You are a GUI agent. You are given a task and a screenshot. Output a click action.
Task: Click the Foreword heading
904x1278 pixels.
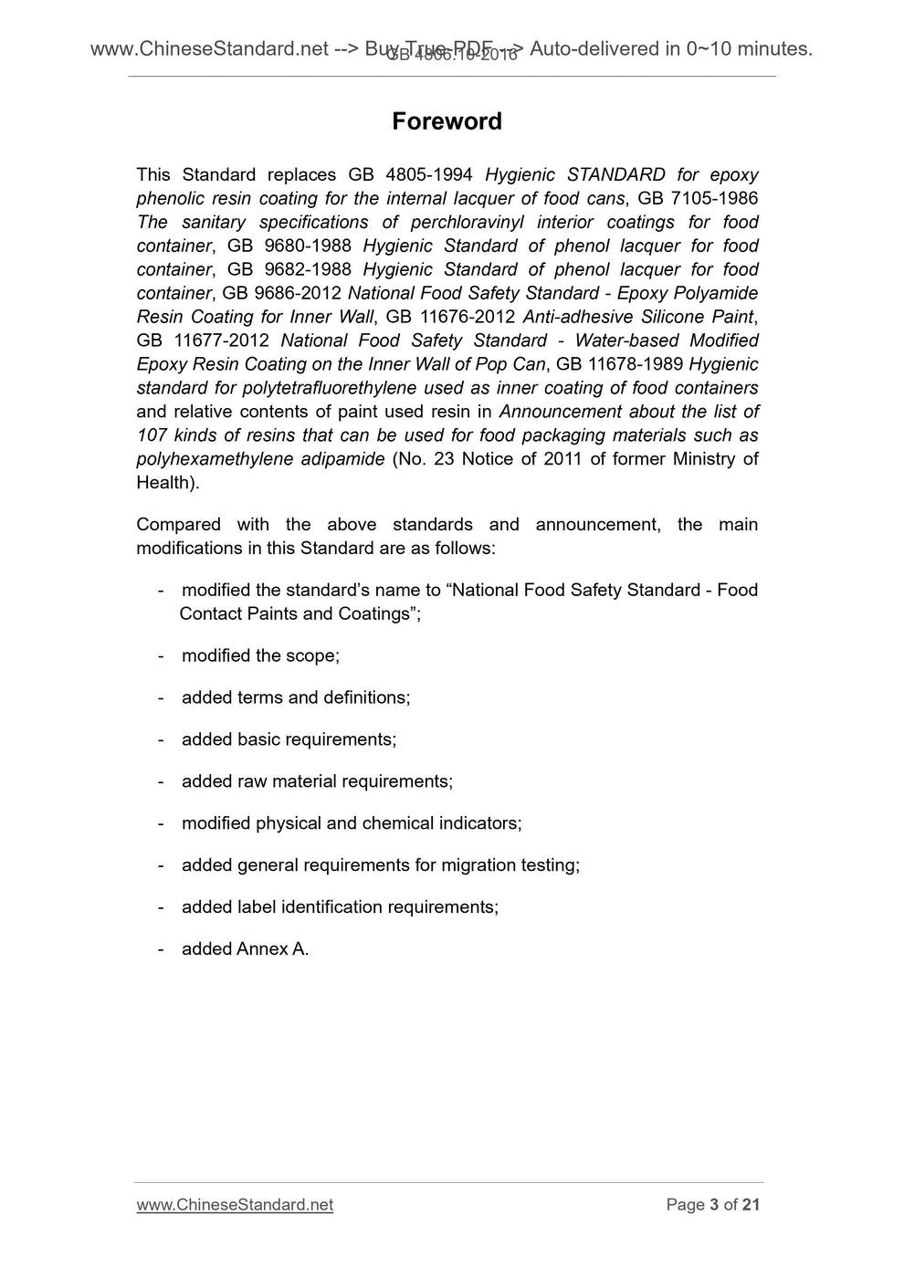(447, 121)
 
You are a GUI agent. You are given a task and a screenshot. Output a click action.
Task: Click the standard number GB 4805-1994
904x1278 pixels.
(410, 174)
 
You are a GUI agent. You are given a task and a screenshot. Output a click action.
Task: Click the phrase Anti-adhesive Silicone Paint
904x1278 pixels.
(638, 317)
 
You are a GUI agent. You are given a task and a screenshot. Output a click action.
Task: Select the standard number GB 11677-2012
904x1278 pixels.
(202, 340)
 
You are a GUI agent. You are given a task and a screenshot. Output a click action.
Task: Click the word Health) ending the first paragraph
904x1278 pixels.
(167, 483)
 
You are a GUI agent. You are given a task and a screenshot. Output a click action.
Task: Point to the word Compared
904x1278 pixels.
(178, 525)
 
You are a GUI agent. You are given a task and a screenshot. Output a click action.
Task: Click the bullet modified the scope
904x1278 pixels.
(260, 655)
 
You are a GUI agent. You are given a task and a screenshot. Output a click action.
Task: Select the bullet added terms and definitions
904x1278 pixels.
(296, 697)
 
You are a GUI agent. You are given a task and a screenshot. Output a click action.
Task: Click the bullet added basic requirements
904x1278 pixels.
(289, 739)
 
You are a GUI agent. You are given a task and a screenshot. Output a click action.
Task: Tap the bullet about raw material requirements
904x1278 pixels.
(317, 781)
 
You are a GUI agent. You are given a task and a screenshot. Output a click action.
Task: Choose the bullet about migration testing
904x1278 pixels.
(380, 865)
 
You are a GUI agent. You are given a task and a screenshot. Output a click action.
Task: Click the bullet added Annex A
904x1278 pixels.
(245, 949)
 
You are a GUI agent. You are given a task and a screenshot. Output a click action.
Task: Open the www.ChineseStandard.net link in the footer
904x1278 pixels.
(235, 1205)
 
